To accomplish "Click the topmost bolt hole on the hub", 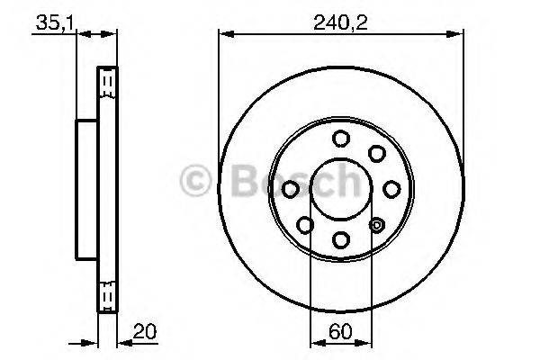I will point(341,138).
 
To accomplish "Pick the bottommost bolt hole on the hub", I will point(341,238).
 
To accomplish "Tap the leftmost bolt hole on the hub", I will point(291,189).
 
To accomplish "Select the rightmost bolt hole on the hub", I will point(391,189).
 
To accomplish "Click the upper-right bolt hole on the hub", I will point(376,153).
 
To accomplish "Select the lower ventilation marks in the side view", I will point(108,294).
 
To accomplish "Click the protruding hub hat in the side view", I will point(85,189).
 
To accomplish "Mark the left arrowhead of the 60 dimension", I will point(315,343).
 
